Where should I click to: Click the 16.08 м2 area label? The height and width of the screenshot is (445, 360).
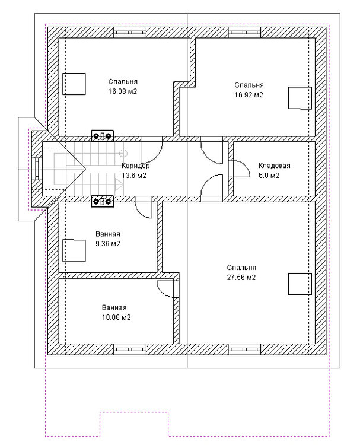click(123, 91)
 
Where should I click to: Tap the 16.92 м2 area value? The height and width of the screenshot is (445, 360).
click(249, 95)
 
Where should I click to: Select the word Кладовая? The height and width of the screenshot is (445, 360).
click(275, 166)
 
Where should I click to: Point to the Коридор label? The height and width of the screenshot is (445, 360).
click(136, 166)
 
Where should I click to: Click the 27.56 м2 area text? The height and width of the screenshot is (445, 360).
click(241, 277)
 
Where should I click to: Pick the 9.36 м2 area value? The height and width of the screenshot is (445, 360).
click(108, 244)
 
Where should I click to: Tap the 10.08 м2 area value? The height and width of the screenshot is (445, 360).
click(116, 317)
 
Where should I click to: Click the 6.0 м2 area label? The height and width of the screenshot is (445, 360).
click(269, 176)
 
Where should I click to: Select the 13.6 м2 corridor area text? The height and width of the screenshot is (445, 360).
click(134, 176)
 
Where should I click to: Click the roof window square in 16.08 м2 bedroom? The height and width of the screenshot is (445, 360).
click(74, 84)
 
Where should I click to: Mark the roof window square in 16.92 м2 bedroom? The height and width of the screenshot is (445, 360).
click(300, 98)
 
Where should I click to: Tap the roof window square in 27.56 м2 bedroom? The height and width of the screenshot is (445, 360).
click(300, 284)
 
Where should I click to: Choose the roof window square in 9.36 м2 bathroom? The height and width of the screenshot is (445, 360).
click(74, 250)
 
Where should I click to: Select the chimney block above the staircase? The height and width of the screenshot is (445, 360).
click(103, 136)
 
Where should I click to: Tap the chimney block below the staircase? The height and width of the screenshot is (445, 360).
click(103, 201)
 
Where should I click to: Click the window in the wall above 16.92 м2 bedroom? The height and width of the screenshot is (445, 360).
click(244, 33)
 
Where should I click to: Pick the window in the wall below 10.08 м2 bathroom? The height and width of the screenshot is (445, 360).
click(130, 349)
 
